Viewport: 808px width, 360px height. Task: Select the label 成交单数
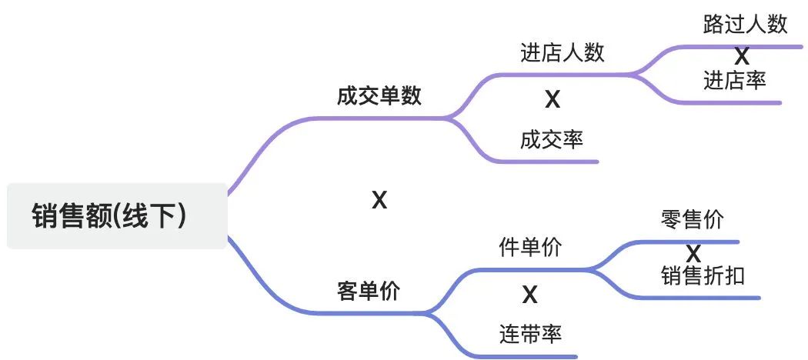click(x=379, y=96)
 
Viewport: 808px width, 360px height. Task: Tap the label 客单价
click(x=369, y=292)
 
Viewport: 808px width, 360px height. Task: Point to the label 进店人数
click(x=562, y=52)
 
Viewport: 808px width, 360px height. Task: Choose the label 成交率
click(x=551, y=139)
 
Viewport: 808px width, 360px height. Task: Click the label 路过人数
click(x=745, y=24)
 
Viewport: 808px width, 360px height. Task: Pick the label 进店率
click(x=734, y=80)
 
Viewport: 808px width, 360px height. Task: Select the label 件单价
click(x=530, y=248)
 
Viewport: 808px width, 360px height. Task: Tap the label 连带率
click(x=530, y=334)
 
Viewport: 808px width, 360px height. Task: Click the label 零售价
click(x=692, y=219)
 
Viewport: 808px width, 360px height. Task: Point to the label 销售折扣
click(x=703, y=275)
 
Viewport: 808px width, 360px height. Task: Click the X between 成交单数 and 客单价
click(x=379, y=201)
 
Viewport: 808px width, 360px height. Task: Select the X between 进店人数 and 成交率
click(x=552, y=99)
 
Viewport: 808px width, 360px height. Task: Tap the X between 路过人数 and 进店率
click(x=741, y=56)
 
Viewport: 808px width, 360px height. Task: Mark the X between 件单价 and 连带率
click(x=529, y=295)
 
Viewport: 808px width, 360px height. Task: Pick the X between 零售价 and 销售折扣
click(x=693, y=253)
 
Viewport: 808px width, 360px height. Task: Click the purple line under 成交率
click(x=554, y=162)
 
